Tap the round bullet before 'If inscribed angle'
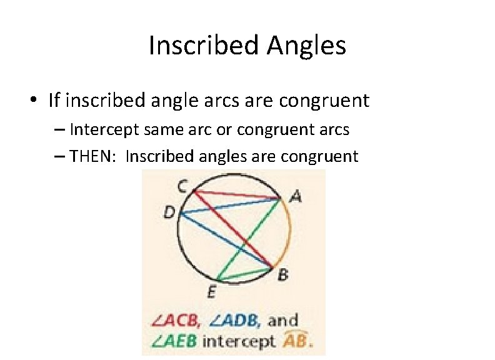point(38,101)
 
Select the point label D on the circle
point(169,213)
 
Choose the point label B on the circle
point(282,274)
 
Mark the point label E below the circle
point(212,292)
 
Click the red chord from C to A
point(237,196)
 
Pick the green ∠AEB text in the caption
point(176,341)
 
